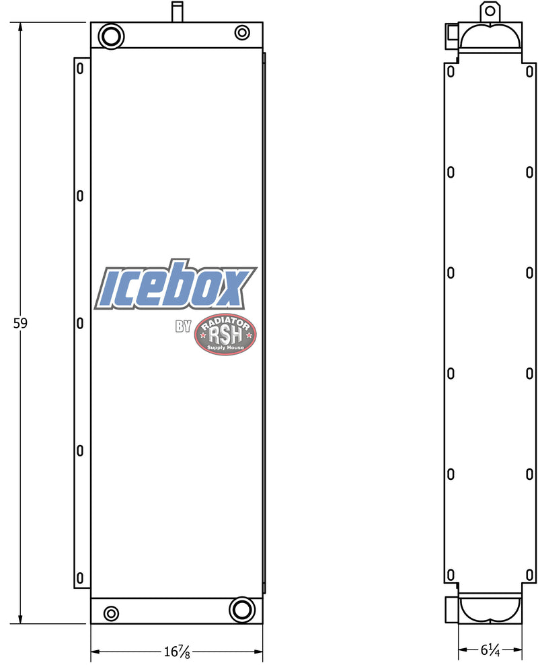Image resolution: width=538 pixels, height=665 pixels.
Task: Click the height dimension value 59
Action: pos(20,324)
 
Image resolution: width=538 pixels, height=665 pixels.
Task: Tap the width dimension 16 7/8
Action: pos(176,652)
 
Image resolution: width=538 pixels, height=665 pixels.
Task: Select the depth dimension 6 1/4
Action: pos(490,651)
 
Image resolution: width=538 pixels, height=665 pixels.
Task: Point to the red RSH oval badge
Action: pos(225,335)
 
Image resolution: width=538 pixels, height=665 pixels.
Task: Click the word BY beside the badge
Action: pos(184,327)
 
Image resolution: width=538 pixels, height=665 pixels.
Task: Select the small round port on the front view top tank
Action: pos(242,32)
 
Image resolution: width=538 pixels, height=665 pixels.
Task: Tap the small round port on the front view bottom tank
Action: pos(111,613)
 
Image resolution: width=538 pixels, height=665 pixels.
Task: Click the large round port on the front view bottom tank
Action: pos(241,609)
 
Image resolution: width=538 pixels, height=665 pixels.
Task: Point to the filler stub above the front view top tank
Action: pos(177,12)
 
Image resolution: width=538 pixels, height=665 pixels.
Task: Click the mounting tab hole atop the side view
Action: pos(490,11)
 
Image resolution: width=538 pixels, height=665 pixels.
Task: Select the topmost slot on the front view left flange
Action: pos(80,69)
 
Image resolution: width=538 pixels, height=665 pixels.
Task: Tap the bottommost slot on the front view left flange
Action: pos(80,577)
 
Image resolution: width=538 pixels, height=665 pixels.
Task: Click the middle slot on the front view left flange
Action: pos(80,323)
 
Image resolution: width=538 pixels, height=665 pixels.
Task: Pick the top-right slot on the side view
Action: pos(529,71)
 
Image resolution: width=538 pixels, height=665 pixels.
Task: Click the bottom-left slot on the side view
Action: pos(451,576)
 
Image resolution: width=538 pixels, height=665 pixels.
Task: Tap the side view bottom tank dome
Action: pos(490,608)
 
